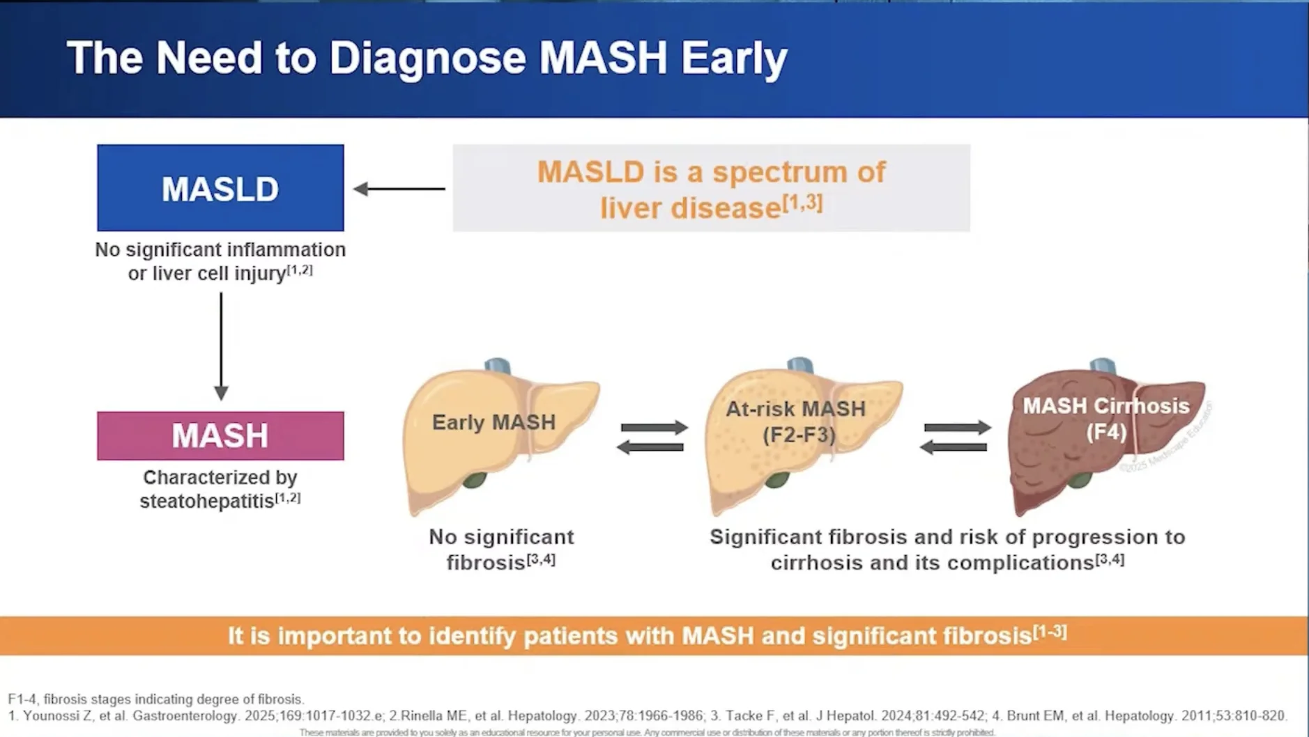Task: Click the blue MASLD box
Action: (x=220, y=188)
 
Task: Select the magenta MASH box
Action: (x=220, y=435)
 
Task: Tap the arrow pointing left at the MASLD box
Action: (x=399, y=188)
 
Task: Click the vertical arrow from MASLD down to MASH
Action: (x=221, y=346)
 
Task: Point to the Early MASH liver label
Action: (x=493, y=422)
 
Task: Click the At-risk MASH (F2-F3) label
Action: (x=796, y=421)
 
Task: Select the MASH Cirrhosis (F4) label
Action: (x=1105, y=419)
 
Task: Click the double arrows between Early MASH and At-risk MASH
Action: (x=652, y=437)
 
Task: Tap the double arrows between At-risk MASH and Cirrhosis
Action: (x=955, y=437)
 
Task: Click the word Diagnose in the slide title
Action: (x=427, y=57)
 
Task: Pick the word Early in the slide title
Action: (x=734, y=57)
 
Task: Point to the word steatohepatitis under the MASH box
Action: (x=207, y=501)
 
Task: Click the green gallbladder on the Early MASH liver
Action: (x=475, y=480)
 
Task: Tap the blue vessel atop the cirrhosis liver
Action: (x=1102, y=366)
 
